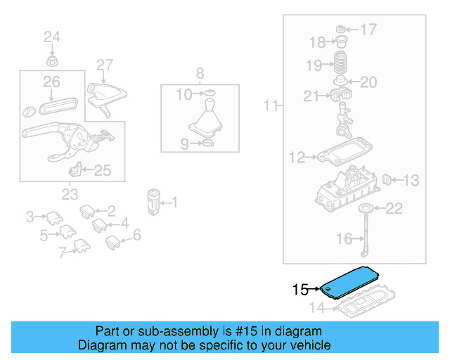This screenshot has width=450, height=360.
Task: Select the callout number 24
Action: [53, 37]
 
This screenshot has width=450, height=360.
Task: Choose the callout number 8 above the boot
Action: [200, 73]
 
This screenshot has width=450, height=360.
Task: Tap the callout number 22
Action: [395, 208]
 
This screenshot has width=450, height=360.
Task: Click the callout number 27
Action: [104, 65]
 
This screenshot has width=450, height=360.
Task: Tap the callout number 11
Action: [271, 107]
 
